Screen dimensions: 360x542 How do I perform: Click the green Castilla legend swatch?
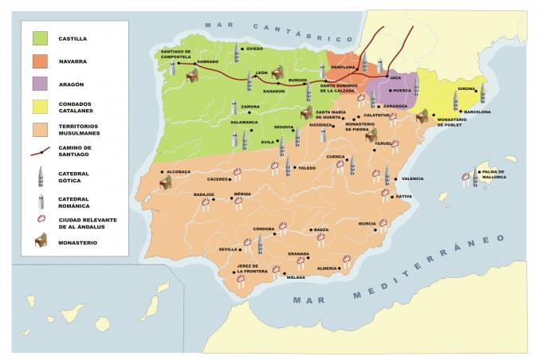click(x=41, y=37)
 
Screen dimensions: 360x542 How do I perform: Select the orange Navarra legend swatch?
click(x=41, y=61)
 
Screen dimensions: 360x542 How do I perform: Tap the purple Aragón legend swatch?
click(x=41, y=84)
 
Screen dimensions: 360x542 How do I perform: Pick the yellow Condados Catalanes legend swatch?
click(x=41, y=107)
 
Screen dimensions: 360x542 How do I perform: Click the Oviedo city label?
click(x=254, y=49)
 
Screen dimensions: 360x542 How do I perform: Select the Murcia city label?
click(x=367, y=224)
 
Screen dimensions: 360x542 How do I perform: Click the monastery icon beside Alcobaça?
click(x=167, y=183)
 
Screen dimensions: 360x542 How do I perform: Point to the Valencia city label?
click(x=412, y=179)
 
